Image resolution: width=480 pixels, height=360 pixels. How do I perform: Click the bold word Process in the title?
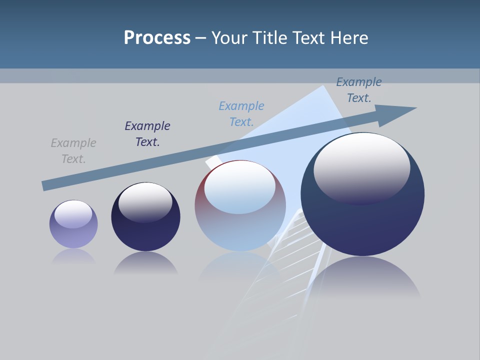[x=157, y=38]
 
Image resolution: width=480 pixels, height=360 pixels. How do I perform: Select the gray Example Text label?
[x=73, y=151]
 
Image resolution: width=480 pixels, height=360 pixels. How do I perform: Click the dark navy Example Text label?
[x=147, y=134]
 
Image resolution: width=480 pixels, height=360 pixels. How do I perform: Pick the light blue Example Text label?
[x=241, y=114]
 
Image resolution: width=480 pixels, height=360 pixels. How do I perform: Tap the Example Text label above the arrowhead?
[x=358, y=90]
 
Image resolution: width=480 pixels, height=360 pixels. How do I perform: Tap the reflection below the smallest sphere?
[x=73, y=256]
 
